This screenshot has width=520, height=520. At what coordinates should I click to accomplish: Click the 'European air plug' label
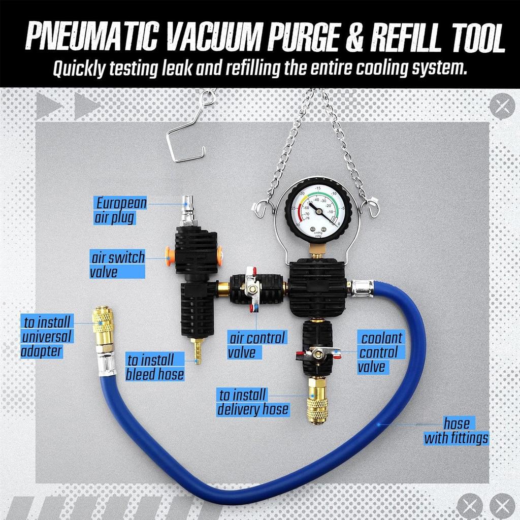point(121,211)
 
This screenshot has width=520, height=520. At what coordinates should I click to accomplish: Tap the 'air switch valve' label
point(117,264)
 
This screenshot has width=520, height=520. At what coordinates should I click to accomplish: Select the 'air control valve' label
point(257,344)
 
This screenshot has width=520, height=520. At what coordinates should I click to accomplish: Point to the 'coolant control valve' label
point(380,351)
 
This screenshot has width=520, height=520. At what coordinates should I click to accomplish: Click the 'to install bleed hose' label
point(155,368)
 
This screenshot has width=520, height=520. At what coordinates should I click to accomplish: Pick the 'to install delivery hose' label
point(253,402)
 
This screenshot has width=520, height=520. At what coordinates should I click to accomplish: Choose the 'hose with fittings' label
point(456,431)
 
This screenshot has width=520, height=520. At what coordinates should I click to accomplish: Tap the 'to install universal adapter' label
point(47,336)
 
